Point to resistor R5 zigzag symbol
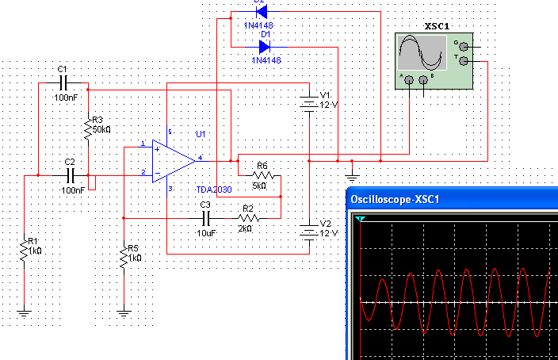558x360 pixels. pyautogui.click(x=124, y=258)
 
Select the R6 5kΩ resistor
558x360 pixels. pyautogui.click(x=262, y=175)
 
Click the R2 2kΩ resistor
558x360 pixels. pyautogui.click(x=247, y=216)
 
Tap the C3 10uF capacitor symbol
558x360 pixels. pyautogui.click(x=206, y=216)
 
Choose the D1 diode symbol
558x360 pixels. pyautogui.click(x=265, y=47)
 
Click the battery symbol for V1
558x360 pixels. pyautogui.click(x=308, y=102)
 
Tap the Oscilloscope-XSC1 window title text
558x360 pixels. pyautogui.click(x=395, y=198)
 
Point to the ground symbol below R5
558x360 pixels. pyautogui.click(x=124, y=312)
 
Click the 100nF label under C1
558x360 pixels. pyautogui.click(x=66, y=97)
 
